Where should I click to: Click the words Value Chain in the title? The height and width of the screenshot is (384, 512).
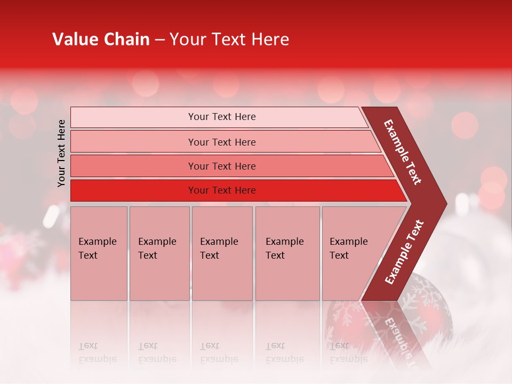pyautogui.click(x=101, y=39)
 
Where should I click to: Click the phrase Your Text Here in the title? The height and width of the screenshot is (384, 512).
pyautogui.click(x=229, y=39)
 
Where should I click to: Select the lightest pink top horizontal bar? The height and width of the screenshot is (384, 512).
pyautogui.click(x=133, y=117)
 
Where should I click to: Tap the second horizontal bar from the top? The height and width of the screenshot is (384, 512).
pyautogui.click(x=133, y=142)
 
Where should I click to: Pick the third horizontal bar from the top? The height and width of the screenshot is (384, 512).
pyautogui.click(x=133, y=166)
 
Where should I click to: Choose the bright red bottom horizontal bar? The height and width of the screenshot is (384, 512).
pyautogui.click(x=133, y=190)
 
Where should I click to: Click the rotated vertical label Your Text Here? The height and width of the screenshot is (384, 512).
pyautogui.click(x=61, y=153)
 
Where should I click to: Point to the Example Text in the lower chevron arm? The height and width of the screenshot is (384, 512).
pyautogui.click(x=404, y=252)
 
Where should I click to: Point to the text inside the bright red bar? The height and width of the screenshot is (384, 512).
pyautogui.click(x=222, y=190)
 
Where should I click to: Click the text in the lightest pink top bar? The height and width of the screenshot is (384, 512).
pyautogui.click(x=222, y=117)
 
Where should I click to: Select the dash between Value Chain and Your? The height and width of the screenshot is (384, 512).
pyautogui.click(x=159, y=40)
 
